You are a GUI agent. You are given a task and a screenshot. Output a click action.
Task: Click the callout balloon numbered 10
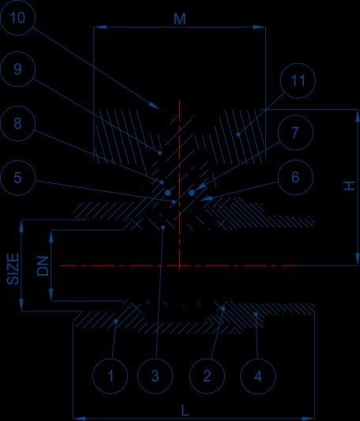click(x=17, y=17)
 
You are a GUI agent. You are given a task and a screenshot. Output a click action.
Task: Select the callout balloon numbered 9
click(x=17, y=69)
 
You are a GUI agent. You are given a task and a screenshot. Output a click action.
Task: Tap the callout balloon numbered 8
click(x=17, y=123)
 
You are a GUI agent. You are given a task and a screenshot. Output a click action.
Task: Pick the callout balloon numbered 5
click(x=17, y=178)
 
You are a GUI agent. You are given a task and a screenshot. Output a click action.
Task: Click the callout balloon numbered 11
click(x=298, y=81)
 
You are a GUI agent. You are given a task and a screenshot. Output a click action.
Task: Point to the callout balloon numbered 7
click(x=295, y=133)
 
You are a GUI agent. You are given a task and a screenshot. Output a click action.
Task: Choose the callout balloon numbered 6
click(x=295, y=177)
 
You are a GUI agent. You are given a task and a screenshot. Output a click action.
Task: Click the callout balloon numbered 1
click(x=110, y=376)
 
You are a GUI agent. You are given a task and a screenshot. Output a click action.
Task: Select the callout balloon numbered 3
click(x=156, y=376)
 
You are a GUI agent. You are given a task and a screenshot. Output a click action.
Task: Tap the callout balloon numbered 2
click(x=207, y=376)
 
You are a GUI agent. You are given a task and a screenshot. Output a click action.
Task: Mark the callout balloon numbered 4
click(x=258, y=376)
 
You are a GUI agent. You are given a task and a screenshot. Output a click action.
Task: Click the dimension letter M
click(x=179, y=19)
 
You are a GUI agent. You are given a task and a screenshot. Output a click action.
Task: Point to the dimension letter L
click(x=185, y=411)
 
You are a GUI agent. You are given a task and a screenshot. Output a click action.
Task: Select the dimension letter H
click(x=350, y=186)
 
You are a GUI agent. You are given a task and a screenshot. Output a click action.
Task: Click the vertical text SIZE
click(x=13, y=269)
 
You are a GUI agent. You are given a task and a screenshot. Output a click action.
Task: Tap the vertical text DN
click(x=43, y=266)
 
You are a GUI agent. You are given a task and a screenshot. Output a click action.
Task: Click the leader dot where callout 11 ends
click(x=238, y=134)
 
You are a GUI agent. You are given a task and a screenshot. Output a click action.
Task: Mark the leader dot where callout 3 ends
click(x=163, y=227)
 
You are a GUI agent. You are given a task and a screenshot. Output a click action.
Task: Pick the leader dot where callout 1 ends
click(x=116, y=321)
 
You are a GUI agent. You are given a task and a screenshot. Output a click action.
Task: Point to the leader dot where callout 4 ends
click(x=256, y=314)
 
